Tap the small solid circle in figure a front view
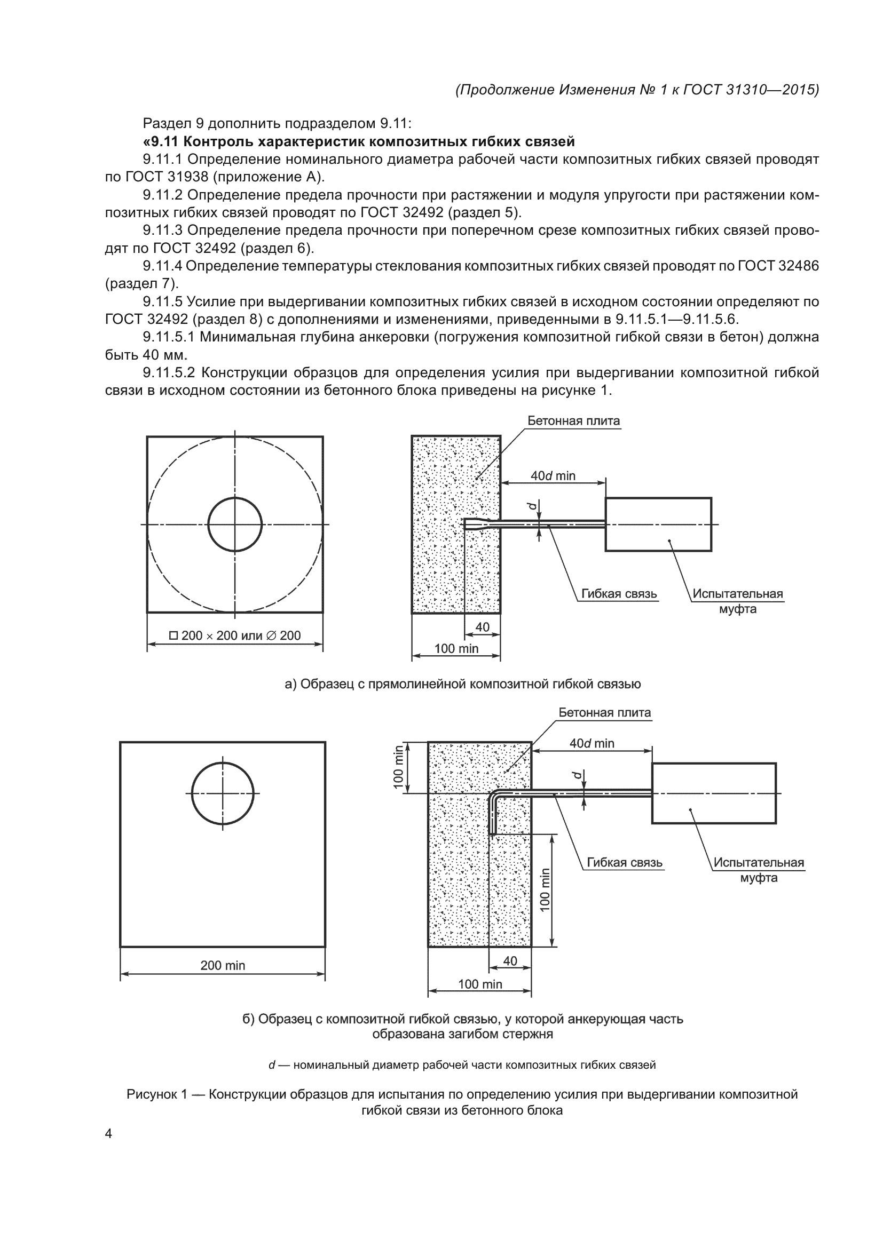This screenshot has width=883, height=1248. pos(235,524)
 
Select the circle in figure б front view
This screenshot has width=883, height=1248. pos(223,793)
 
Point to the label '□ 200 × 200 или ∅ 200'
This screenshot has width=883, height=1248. pos(235,635)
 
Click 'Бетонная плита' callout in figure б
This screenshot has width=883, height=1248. pos(605,713)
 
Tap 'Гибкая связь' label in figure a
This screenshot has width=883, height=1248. pos(619,593)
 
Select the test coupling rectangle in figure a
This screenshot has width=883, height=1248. pos(658,524)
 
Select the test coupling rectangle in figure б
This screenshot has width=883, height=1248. pos(713,793)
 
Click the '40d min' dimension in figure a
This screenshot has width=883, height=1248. pos(553,475)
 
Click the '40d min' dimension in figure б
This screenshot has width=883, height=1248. pos(592,743)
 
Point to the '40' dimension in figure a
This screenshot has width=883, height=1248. pos(482,627)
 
